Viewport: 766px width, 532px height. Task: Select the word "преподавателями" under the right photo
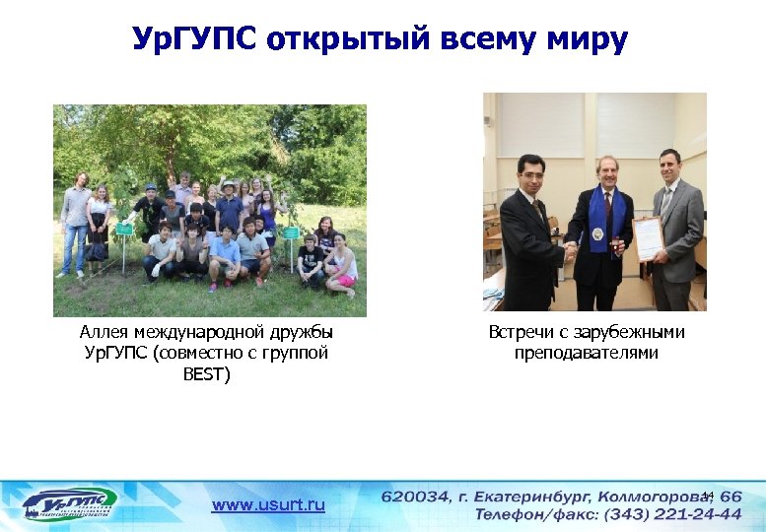(587, 353)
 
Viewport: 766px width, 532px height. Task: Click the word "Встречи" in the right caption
(522, 332)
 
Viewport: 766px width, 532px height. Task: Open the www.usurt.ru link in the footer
(268, 504)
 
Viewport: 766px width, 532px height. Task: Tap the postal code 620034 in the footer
(414, 497)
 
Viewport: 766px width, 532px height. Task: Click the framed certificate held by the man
(648, 238)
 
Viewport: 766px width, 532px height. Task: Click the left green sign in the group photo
(124, 230)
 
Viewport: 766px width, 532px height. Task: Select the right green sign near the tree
(292, 233)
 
